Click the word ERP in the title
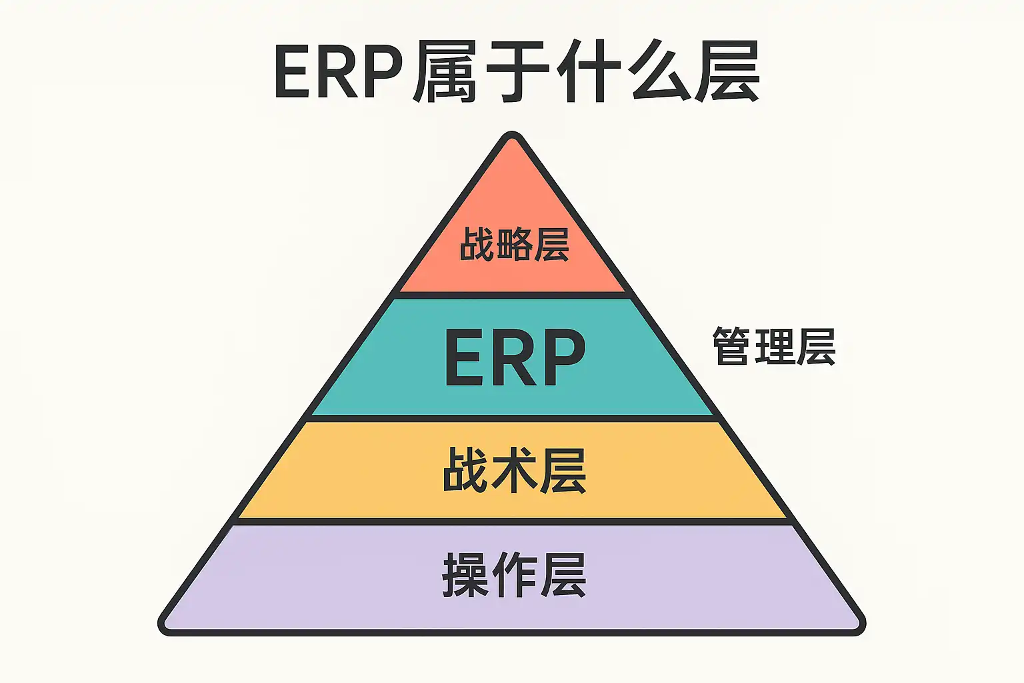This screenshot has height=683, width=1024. coord(339,72)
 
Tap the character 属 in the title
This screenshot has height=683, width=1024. coord(445,72)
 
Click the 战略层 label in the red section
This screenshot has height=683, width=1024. coord(514,244)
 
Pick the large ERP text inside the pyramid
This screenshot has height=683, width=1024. coord(514,358)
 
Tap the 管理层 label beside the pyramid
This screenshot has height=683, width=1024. coord(774,346)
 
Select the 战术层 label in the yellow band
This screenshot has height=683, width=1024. coord(514,470)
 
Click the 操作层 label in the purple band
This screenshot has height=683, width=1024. coord(514,575)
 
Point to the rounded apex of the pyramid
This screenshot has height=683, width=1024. coord(512,137)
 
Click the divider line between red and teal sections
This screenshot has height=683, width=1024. coord(512,294)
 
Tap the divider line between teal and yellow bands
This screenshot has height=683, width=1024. coord(512,418)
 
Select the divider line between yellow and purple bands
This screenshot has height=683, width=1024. coord(512,521)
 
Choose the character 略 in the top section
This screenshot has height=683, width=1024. coord(514,244)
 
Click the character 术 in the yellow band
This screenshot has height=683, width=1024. coord(514,470)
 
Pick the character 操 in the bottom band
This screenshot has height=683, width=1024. coord(465,575)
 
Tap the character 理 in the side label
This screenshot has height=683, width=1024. coord(774,346)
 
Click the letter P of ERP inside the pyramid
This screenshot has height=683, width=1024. coord(561,358)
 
